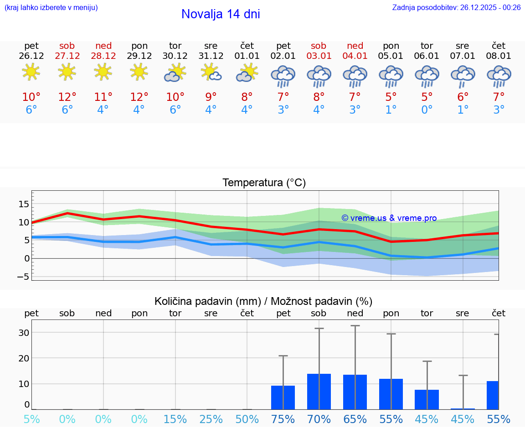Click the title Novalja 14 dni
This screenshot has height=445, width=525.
(221, 14)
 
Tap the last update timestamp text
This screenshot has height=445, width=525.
(456, 7)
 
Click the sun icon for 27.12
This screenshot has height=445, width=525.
(67, 72)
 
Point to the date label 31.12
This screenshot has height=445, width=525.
(211, 56)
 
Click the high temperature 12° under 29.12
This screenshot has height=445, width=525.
(139, 97)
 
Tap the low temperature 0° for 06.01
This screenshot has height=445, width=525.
(427, 110)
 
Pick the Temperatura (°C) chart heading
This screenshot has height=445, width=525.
(264, 183)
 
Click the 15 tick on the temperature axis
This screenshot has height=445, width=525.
(24, 204)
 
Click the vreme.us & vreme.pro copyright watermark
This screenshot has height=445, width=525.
(389, 218)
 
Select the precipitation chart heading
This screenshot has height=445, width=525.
(263, 301)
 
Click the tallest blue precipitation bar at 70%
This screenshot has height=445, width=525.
(319, 392)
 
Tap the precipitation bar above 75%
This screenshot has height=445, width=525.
(283, 398)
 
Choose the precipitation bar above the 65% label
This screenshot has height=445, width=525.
(355, 392)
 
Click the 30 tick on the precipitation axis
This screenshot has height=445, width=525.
(24, 332)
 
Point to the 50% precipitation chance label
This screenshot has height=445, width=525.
(247, 419)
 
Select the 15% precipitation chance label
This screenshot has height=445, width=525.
(175, 419)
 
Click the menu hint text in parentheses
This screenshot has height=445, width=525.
(51, 7)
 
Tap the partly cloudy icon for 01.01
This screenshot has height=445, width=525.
(247, 73)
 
